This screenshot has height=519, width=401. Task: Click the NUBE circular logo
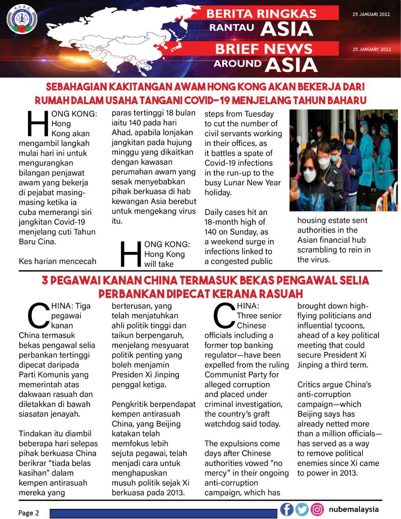click(x=22, y=19)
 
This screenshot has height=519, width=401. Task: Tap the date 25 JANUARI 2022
click(x=371, y=14)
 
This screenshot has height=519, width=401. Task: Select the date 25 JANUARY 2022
click(x=372, y=49)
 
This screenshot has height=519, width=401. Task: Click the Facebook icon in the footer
click(x=287, y=509)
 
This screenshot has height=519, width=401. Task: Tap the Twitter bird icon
click(x=302, y=509)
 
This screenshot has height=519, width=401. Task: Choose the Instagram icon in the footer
click(x=317, y=509)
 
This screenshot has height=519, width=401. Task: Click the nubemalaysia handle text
click(x=354, y=509)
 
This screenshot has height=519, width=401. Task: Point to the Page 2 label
click(x=29, y=513)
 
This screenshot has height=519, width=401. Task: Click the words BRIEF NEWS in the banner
click(x=264, y=49)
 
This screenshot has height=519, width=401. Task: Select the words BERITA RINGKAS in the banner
click(x=262, y=13)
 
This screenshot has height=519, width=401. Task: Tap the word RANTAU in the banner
click(x=232, y=27)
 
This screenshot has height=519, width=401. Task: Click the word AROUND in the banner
click(x=238, y=63)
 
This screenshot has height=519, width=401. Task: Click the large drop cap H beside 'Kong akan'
click(x=38, y=123)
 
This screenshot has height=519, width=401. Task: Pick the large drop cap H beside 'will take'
click(x=131, y=254)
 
